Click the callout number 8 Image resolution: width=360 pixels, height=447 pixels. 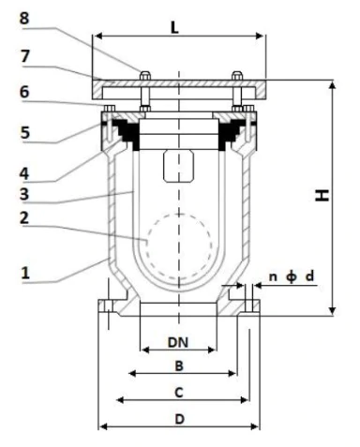24,18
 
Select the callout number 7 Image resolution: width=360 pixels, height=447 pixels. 25,56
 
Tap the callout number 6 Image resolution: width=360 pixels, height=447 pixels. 24,92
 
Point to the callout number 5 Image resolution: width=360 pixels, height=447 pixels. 25,133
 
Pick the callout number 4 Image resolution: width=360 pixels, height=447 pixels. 24,173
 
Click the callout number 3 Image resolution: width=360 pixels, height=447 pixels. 24,194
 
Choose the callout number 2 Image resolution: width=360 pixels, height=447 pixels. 24,218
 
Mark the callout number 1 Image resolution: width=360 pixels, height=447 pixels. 25,273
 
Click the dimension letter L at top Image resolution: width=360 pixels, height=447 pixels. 174,28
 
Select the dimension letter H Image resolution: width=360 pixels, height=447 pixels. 322,195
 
